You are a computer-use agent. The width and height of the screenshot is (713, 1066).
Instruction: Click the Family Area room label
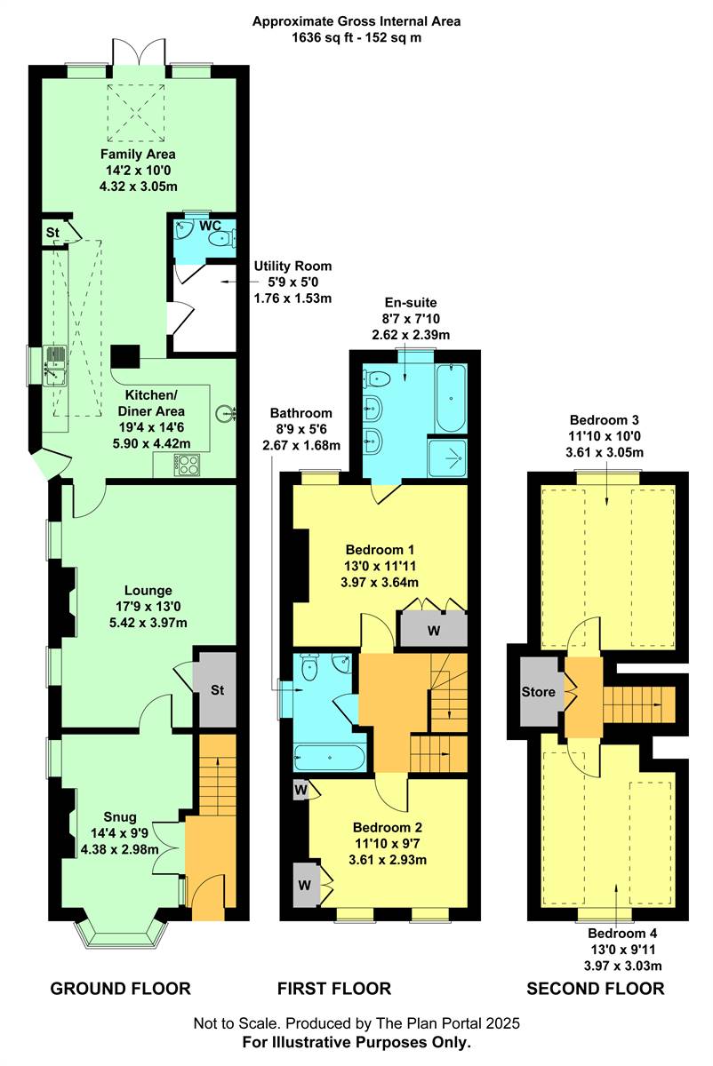click(138, 155)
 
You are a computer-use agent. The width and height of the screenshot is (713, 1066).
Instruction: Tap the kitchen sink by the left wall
click(56, 365)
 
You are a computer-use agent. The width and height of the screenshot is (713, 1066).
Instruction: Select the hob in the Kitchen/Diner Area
click(188, 465)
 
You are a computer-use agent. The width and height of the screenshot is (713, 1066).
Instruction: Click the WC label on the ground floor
click(210, 226)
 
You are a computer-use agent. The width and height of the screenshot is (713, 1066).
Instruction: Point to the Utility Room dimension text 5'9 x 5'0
click(292, 282)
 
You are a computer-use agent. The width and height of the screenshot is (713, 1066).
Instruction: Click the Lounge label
click(148, 591)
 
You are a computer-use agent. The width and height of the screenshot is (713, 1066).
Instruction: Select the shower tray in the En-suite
click(447, 457)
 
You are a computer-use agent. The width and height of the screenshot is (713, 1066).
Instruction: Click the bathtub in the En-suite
click(451, 398)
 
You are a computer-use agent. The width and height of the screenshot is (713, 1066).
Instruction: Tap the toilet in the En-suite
click(376, 378)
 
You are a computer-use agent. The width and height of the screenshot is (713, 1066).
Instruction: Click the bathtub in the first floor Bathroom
click(330, 757)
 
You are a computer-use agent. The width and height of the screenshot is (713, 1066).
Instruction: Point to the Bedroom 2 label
click(388, 828)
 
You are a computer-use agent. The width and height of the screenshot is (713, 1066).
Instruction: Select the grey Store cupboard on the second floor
click(539, 691)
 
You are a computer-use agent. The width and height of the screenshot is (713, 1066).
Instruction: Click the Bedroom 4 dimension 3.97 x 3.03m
click(622, 966)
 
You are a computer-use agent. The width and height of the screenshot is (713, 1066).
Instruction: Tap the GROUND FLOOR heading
click(121, 989)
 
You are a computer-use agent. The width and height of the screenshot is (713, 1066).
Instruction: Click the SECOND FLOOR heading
click(596, 989)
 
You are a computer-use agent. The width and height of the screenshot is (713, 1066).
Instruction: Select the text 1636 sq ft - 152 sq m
click(356, 37)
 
